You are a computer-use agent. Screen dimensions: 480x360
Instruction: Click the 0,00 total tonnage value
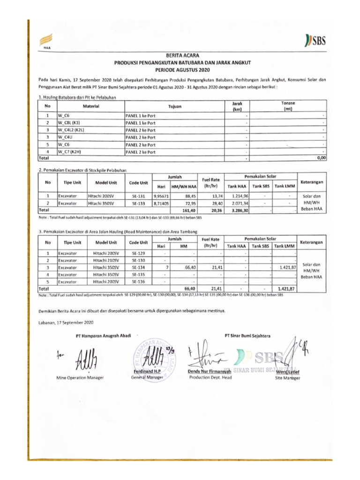321,158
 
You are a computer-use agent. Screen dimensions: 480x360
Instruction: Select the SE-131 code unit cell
138,195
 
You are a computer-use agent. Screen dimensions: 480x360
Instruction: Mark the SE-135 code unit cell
138,275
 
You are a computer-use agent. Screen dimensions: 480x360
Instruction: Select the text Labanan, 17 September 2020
66,323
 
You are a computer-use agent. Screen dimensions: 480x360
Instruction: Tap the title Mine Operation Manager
80,377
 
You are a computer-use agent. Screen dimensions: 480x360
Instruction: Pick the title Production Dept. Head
210,377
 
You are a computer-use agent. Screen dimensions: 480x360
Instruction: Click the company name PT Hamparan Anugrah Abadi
103,336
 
